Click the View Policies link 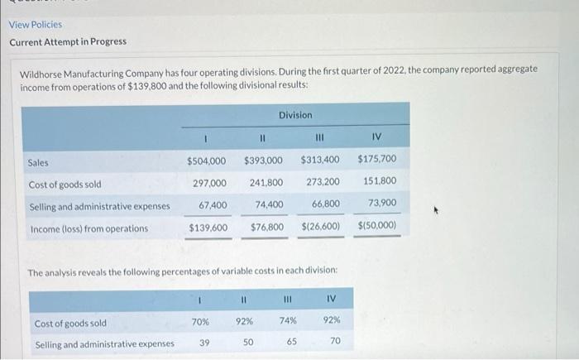coord(36,24)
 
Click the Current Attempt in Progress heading coord(68,41)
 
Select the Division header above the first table coord(295,114)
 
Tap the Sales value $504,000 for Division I coord(208,160)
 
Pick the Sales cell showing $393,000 coord(264,160)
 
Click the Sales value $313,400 coord(320,160)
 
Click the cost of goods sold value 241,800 coord(266,182)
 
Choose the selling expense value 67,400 coord(213,204)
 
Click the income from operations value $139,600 coord(209,227)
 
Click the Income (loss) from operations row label coord(89,228)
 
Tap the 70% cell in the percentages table coord(200,321)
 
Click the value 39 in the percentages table coord(203,342)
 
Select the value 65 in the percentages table coord(291,340)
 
